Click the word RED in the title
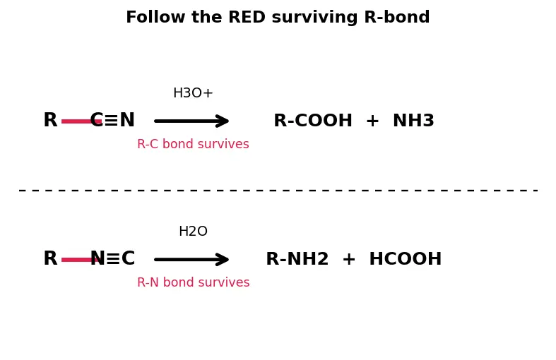click(x=247, y=17)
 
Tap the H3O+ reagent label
click(x=193, y=93)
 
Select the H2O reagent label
click(x=193, y=232)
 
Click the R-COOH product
click(x=313, y=121)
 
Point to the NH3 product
click(x=413, y=121)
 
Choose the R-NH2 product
click(x=297, y=258)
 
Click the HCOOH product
click(x=406, y=258)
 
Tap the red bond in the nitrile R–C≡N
click(x=81, y=121)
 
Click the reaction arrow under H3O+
click(x=191, y=121)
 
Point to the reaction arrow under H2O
click(x=191, y=259)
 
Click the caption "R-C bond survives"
click(x=193, y=144)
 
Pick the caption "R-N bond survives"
click(x=194, y=282)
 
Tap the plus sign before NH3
click(x=372, y=121)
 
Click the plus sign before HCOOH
click(x=348, y=259)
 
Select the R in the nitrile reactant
click(x=50, y=120)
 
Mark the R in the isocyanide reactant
click(x=50, y=258)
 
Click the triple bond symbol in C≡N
click(x=112, y=121)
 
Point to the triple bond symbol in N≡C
click(x=113, y=258)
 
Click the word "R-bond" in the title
click(x=397, y=17)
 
